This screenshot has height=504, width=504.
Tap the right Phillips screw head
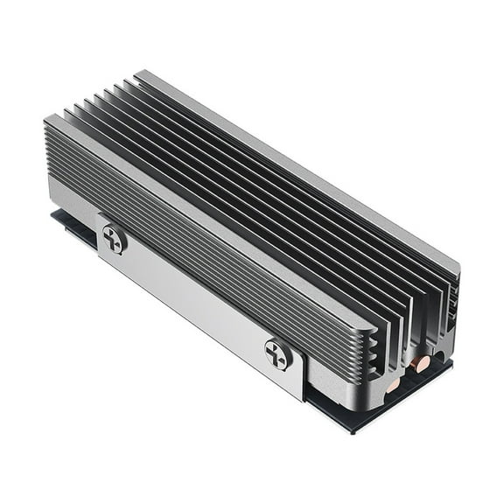(278, 353)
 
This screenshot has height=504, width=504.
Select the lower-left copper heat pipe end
(393, 383)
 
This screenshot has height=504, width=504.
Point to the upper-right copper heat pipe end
(423, 362)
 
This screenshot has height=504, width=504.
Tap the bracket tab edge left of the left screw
(98, 232)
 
